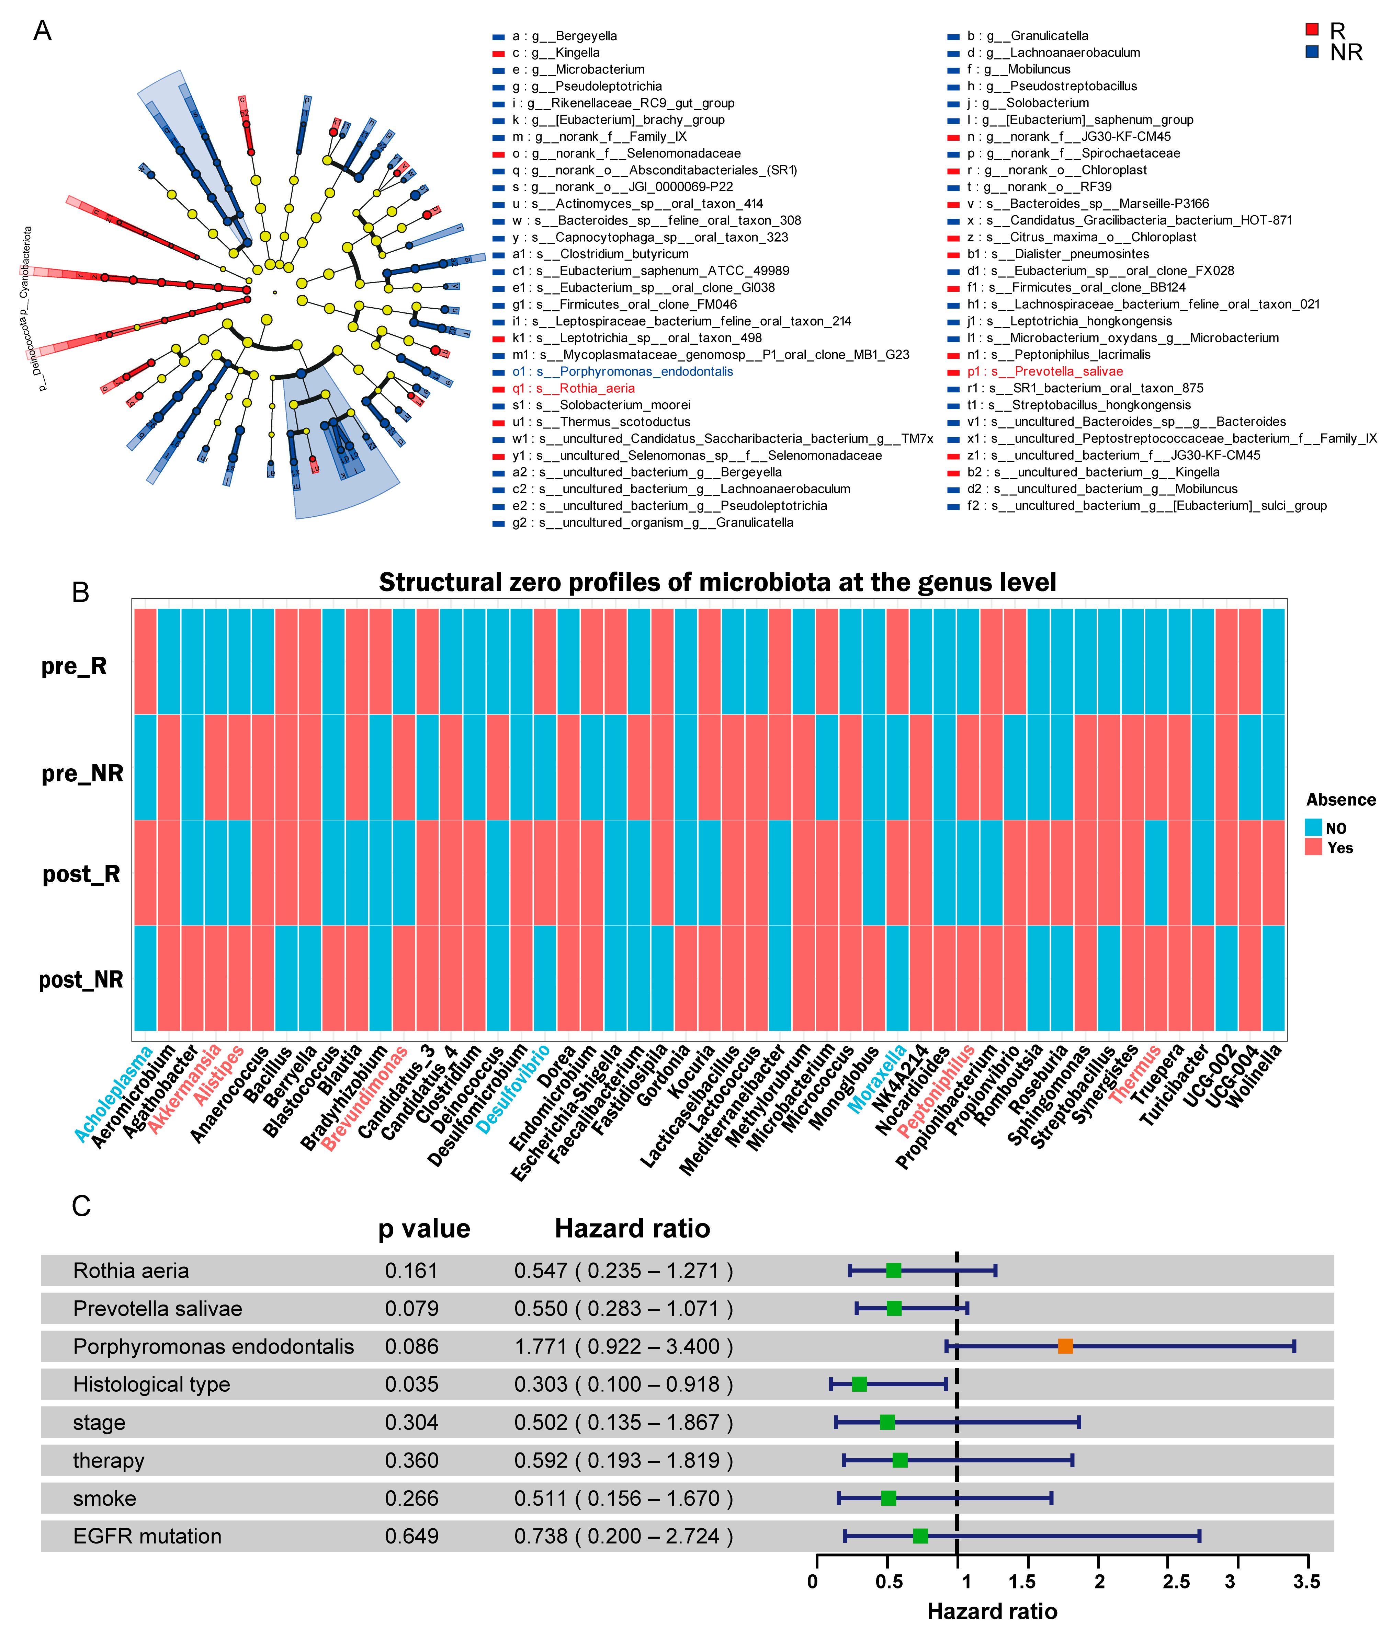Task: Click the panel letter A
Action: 43,32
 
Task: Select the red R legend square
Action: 1312,29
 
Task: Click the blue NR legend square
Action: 1312,51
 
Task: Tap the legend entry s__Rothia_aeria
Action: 596,388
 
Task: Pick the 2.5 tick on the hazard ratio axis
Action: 1176,1582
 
